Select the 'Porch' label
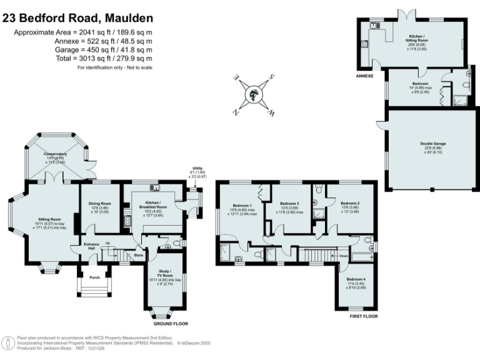pos(94,277)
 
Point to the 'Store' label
pos(138,255)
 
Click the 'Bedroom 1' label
pos(242,206)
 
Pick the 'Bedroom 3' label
pos(290,204)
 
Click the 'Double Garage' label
pos(433,143)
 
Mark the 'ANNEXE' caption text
pos(364,76)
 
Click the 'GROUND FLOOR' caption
pos(171,324)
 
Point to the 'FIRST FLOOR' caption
pos(364,317)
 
